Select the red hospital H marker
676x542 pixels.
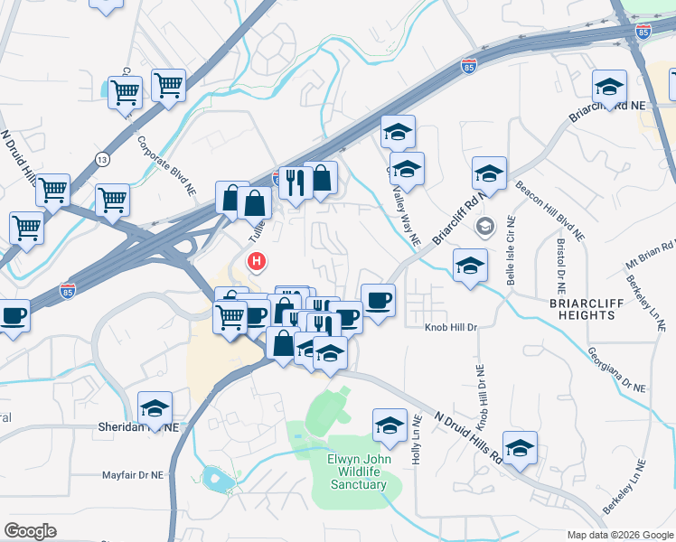pos(258,263)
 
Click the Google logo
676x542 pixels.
pos(30,531)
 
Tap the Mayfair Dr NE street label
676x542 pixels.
pos(132,473)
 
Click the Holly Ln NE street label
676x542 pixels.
pos(417,440)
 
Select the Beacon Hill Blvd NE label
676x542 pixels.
pos(551,211)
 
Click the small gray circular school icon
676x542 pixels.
pos(486,226)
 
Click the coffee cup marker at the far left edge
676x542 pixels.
pos(13,315)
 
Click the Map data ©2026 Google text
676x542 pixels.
pos(620,534)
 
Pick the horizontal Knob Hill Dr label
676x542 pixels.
pos(450,326)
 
